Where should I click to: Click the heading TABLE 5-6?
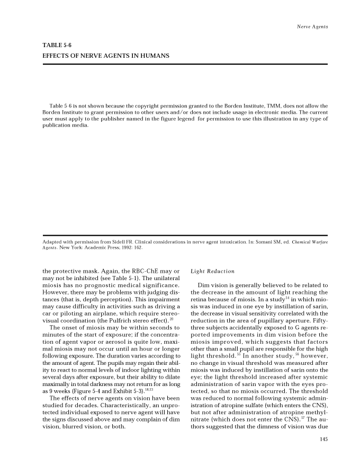coord(57,46)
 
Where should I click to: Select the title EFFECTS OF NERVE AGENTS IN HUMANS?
coord(106,56)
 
